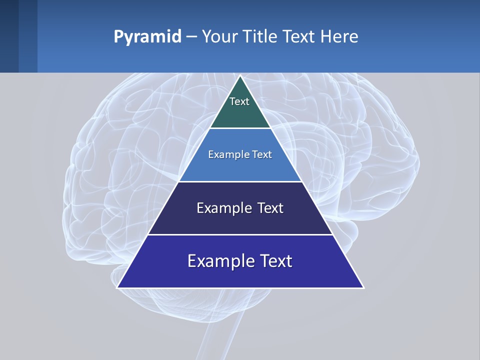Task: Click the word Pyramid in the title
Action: coord(147,36)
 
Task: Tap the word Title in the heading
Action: coord(259,36)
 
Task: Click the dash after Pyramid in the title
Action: coord(191,37)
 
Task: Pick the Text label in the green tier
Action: coord(239,101)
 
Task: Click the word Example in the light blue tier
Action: coord(225,154)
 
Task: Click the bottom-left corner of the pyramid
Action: coord(118,287)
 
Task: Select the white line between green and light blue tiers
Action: coord(240,128)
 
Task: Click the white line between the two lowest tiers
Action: coord(240,234)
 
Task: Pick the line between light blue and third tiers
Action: coord(240,181)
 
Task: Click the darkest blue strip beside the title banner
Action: coord(9,36)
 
